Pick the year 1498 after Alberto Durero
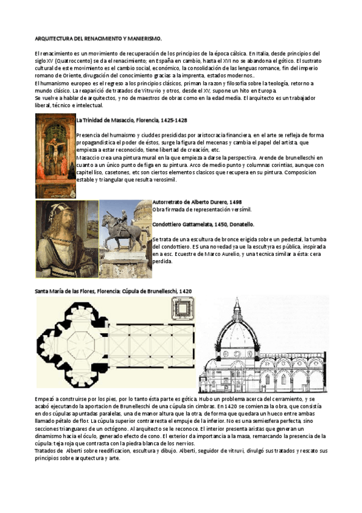point(236,202)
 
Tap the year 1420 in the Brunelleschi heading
point(186,291)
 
